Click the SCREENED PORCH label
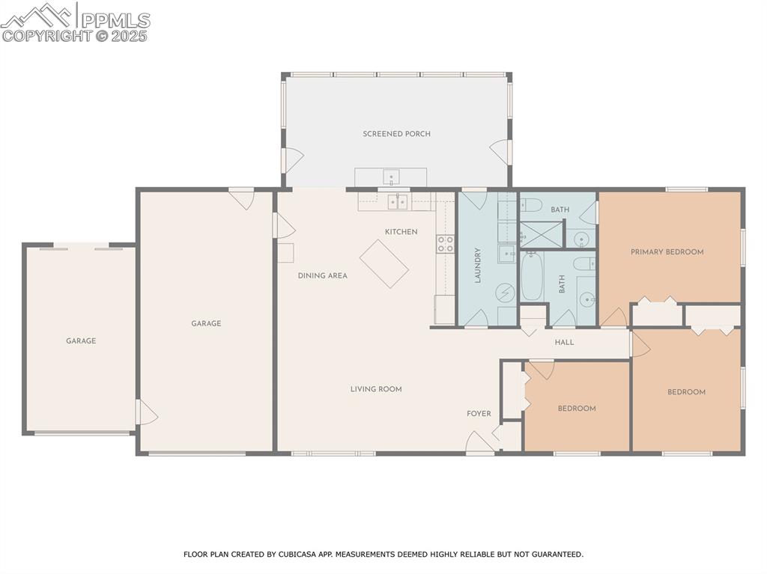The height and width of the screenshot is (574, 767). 396,134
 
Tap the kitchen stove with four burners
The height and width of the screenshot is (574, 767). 445,243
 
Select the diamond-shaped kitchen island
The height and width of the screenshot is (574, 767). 384,263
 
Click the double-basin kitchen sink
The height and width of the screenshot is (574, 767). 398,201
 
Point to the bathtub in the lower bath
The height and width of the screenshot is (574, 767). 532,276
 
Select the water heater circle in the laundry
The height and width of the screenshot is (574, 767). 506,292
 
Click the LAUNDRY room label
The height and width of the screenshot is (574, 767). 477,265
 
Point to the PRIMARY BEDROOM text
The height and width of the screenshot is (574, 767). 667,252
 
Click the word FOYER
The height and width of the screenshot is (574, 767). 479,414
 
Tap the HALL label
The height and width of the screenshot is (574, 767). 564,342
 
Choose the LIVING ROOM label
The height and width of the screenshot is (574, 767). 376,389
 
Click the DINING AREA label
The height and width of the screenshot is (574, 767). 322,275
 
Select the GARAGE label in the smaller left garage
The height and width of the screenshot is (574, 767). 81,341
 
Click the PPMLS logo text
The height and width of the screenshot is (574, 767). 115,19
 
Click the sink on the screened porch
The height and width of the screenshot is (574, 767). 391,177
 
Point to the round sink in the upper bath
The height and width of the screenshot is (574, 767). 581,239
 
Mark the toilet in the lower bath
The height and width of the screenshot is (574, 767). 584,263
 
